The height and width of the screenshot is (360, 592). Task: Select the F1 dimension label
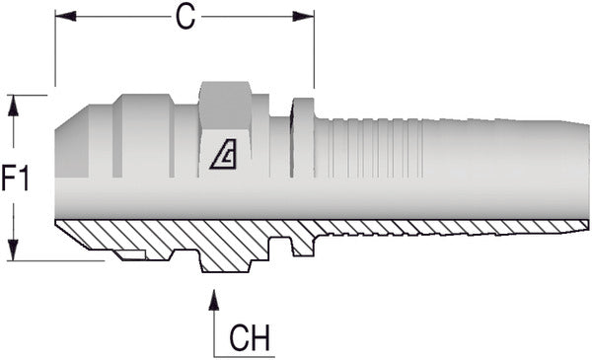point(17,179)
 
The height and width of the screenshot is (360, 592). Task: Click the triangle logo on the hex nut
point(226,155)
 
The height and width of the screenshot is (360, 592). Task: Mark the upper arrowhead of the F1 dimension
point(14,104)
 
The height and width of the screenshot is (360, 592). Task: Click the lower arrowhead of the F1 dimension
point(14,252)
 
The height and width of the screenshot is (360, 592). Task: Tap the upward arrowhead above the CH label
point(214,298)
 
